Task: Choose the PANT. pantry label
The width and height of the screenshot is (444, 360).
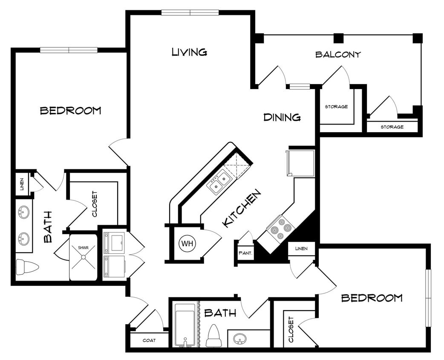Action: (x=245, y=253)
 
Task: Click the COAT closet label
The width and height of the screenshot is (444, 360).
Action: (x=149, y=340)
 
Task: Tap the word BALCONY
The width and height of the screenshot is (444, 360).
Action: (x=338, y=55)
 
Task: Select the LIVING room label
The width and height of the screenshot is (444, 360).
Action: (x=189, y=52)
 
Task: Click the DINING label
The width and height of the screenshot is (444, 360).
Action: (x=282, y=117)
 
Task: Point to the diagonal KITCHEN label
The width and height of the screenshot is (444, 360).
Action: (x=242, y=209)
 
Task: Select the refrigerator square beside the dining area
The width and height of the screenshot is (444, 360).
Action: (x=301, y=163)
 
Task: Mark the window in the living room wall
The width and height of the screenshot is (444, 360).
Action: (x=190, y=12)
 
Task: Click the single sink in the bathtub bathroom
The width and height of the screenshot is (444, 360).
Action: (x=240, y=340)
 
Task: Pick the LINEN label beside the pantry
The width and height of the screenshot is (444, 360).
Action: (x=302, y=248)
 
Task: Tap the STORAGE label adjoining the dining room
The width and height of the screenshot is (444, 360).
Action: (x=336, y=107)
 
